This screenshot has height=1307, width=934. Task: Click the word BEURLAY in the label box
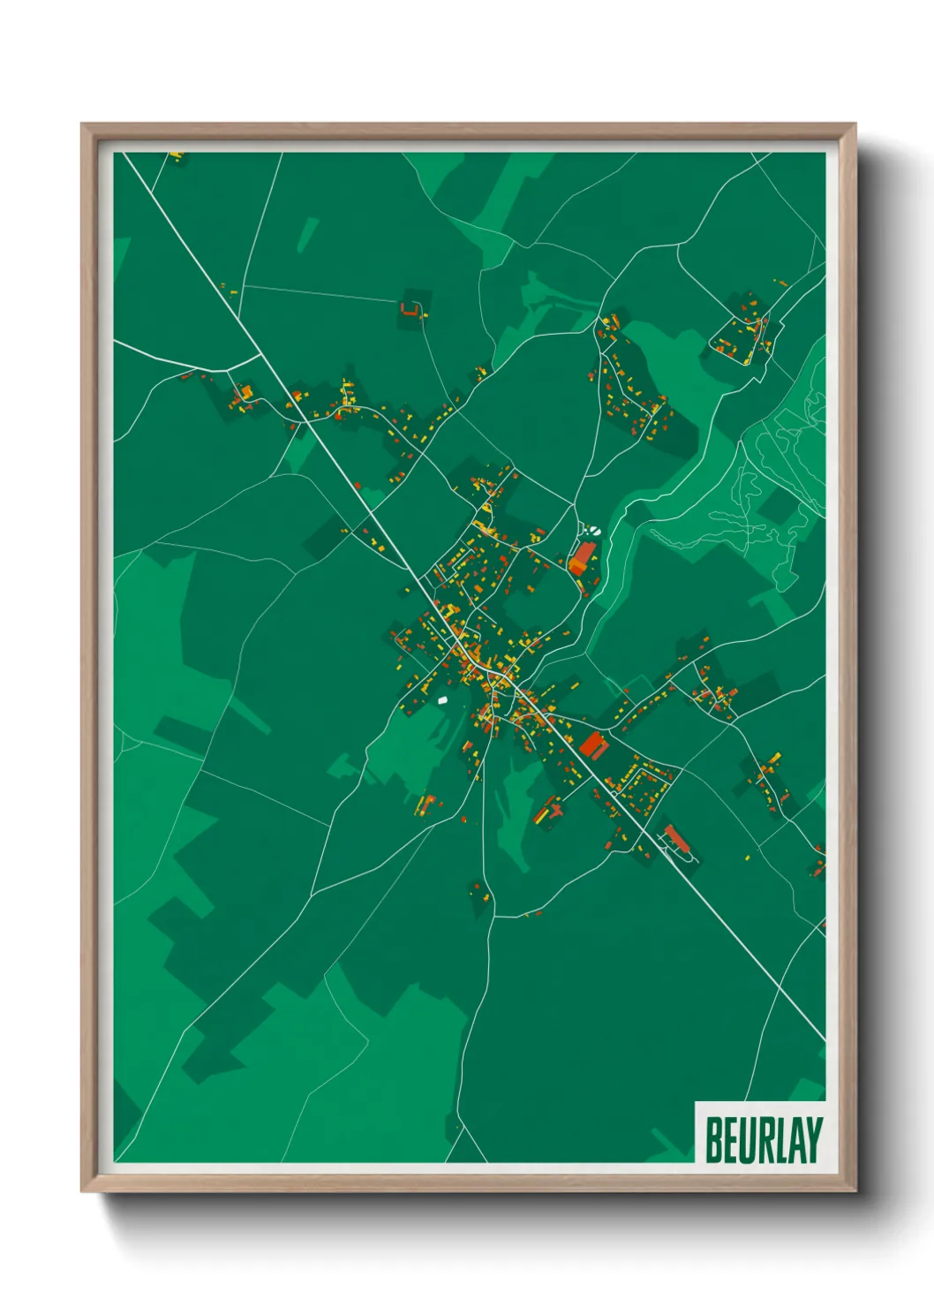tap(764, 1140)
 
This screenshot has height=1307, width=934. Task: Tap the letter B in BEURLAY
tap(714, 1140)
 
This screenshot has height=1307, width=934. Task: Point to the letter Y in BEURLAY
tap(813, 1140)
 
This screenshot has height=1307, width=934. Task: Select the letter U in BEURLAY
tap(746, 1140)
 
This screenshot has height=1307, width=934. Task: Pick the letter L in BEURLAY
tap(780, 1140)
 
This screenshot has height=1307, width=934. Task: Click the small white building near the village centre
tap(443, 699)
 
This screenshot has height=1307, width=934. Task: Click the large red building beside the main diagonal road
tap(593, 744)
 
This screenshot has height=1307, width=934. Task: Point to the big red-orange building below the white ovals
tap(581, 558)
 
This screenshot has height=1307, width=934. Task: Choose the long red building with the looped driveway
tap(675, 836)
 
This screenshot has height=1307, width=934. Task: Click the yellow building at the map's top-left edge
tap(177, 156)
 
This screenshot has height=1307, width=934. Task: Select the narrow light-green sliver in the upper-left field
tap(307, 235)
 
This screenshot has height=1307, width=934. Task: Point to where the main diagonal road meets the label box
tap(825, 1039)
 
